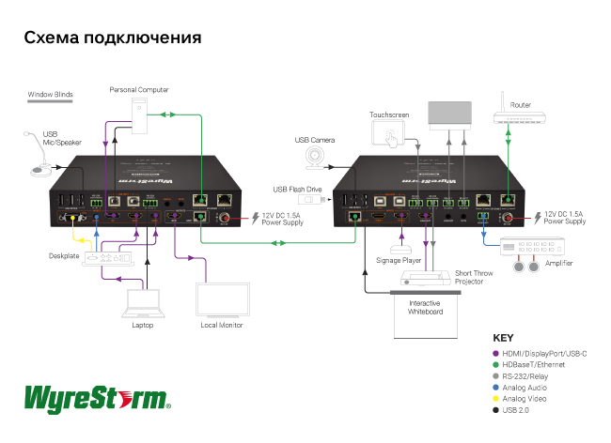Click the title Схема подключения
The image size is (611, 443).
click(113, 38)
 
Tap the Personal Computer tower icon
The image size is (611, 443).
click(140, 113)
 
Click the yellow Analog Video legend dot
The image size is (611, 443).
click(495, 399)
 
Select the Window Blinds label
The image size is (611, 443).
click(50, 94)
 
